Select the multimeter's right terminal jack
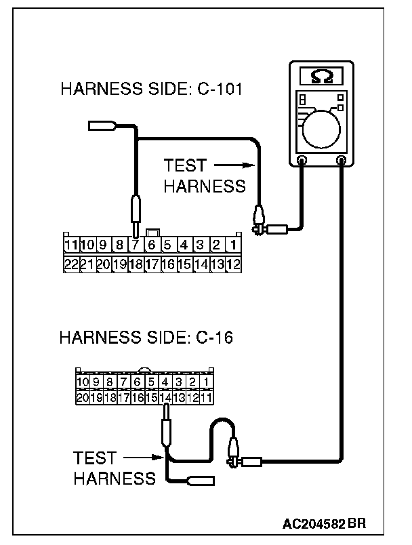pyautogui.click(x=341, y=161)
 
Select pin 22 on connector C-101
pyautogui.click(x=70, y=263)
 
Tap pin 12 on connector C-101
pyautogui.click(x=232, y=263)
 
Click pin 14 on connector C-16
pyautogui.click(x=165, y=397)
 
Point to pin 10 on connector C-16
pyautogui.click(x=83, y=382)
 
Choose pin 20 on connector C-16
pyautogui.click(x=83, y=397)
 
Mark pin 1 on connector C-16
pyautogui.click(x=206, y=382)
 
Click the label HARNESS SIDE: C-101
pyautogui.click(x=152, y=89)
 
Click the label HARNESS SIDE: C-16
pyautogui.click(x=146, y=337)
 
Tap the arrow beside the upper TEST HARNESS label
pyautogui.click(x=234, y=165)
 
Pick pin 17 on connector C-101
pyautogui.click(x=152, y=263)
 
